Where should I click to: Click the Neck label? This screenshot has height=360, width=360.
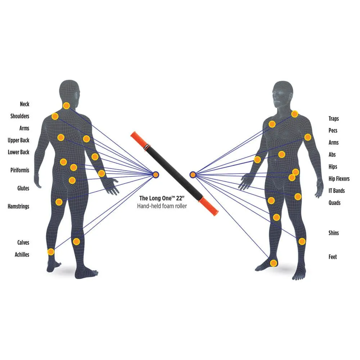[x=24, y=104]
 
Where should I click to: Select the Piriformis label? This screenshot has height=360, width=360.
[x=20, y=170]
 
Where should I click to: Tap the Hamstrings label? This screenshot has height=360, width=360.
[x=18, y=207]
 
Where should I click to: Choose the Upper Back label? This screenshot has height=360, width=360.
[x=18, y=140]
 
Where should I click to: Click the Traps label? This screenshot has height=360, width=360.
[x=333, y=119]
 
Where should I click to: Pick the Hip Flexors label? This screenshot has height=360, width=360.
[x=339, y=179]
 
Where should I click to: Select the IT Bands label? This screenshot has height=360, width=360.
[x=337, y=191]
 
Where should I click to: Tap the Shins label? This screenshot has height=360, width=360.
[x=333, y=233]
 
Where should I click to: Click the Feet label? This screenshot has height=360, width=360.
[x=333, y=257]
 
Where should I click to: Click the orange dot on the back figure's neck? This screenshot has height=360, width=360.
[x=66, y=106]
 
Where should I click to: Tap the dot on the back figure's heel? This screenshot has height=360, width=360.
[x=51, y=251]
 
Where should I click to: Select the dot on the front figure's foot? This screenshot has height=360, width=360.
[x=274, y=263]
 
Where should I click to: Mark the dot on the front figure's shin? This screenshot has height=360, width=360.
[x=302, y=241]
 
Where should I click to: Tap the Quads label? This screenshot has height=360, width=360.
[x=334, y=203]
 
